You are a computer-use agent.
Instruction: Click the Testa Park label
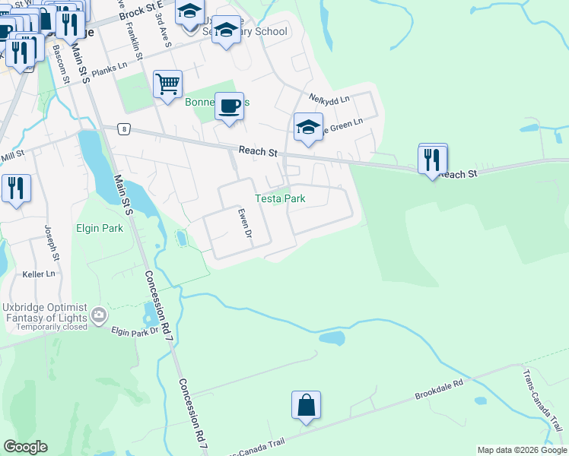(x=280, y=198)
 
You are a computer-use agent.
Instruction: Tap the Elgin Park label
(x=99, y=228)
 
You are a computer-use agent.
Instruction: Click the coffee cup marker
(x=229, y=106)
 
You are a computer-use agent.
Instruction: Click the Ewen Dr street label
(x=245, y=223)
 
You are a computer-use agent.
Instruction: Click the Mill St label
(x=13, y=155)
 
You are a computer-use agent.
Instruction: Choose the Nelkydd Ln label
(x=329, y=98)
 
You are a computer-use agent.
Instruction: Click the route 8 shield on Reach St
(x=123, y=129)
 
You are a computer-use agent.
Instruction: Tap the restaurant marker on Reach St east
(x=432, y=160)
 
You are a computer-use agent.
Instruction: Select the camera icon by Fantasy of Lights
(x=99, y=314)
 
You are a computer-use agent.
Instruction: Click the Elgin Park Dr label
(x=133, y=331)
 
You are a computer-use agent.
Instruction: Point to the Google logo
(x=25, y=447)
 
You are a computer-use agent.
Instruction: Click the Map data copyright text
(x=522, y=450)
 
